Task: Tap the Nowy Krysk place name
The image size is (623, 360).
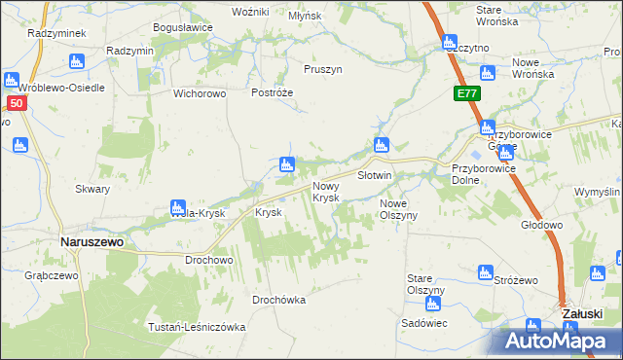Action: (x=325, y=191)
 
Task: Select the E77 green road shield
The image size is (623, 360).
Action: (x=465, y=94)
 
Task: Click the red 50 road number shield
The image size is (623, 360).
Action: (x=15, y=103)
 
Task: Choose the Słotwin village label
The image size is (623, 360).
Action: (x=374, y=176)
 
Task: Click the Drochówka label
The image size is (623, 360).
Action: (x=278, y=300)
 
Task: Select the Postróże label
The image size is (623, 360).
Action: (x=272, y=92)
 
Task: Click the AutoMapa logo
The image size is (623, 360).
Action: (x=559, y=342)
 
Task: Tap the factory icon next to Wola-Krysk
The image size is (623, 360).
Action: (x=177, y=207)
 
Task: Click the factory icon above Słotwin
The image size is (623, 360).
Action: (x=380, y=146)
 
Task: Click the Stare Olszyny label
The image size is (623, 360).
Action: (x=425, y=285)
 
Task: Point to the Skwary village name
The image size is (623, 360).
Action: (x=92, y=189)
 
